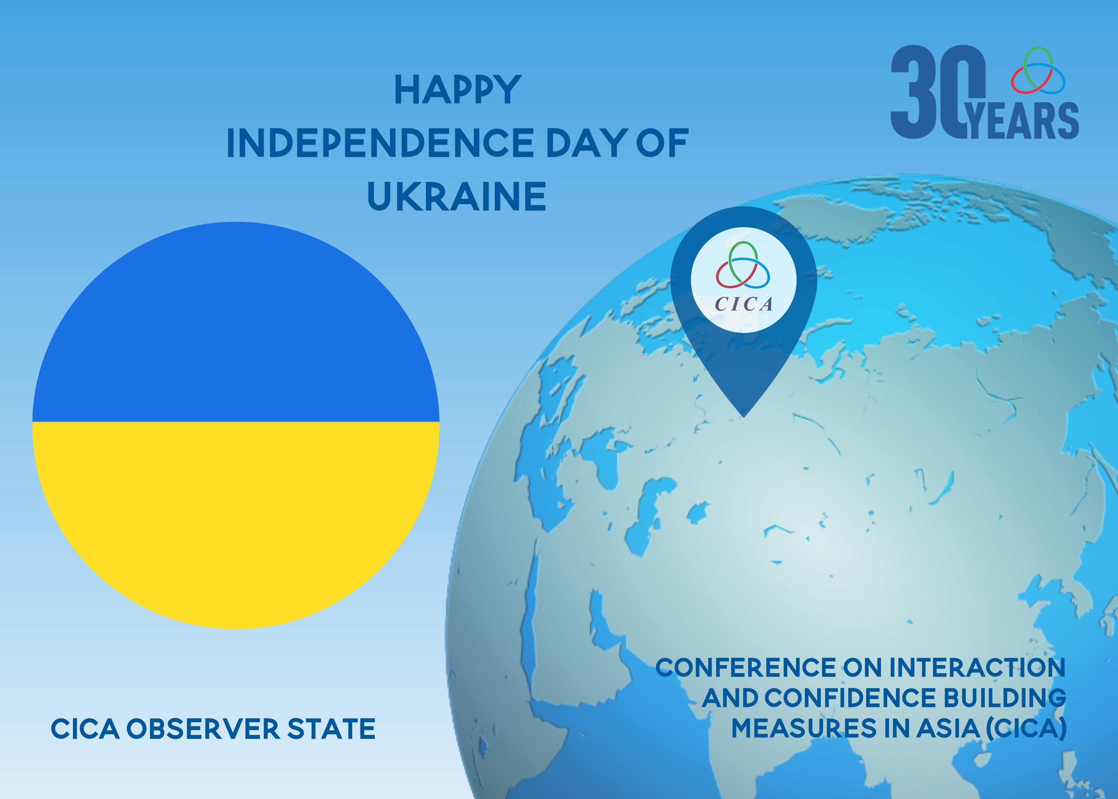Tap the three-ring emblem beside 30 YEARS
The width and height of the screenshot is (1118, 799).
pos(1038,70)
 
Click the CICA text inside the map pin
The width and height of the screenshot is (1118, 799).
pos(743,304)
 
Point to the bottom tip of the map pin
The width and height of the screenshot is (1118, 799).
pos(744,417)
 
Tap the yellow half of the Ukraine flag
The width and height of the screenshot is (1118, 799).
pos(236,521)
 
